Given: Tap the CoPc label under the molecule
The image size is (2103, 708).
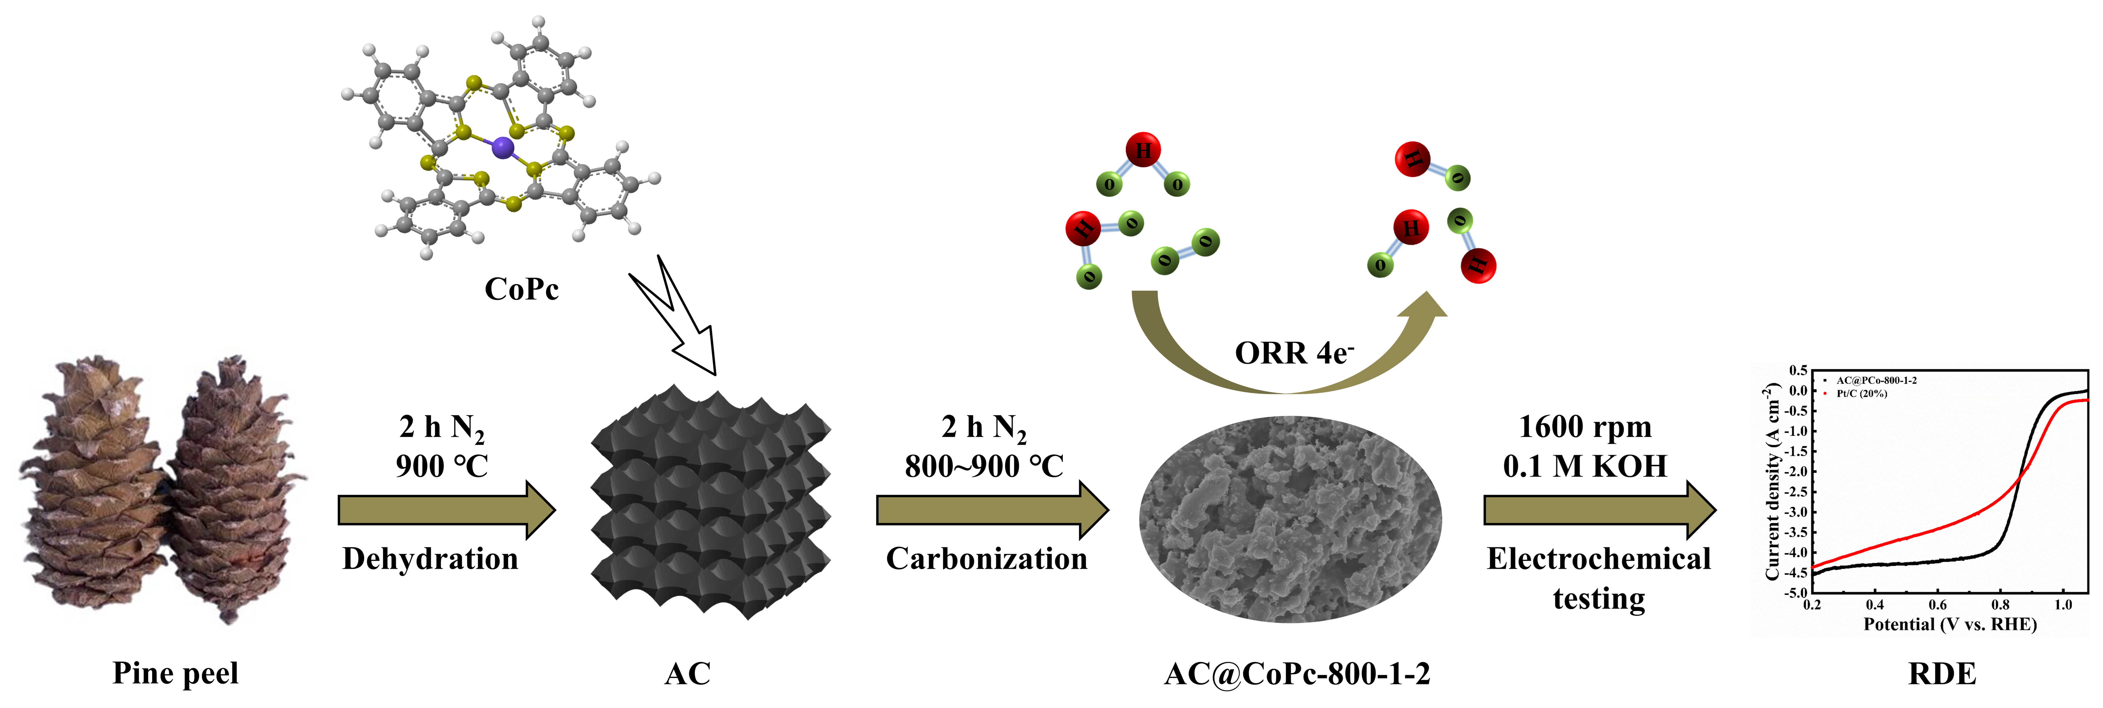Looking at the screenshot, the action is (522, 289).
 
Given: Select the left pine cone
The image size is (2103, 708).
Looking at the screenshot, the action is (94, 490).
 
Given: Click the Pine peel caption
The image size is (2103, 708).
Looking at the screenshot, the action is (176, 674).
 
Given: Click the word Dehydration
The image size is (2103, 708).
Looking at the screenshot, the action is (430, 559).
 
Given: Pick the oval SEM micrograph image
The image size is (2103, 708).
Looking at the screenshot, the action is (1290, 518).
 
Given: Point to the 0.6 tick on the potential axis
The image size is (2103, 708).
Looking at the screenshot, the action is (1937, 605).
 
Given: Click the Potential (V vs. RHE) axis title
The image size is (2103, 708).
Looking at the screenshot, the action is (1949, 625).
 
